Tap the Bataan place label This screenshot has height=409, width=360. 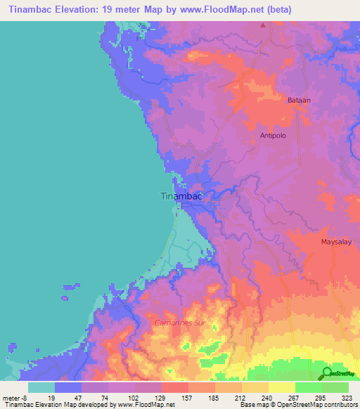298,101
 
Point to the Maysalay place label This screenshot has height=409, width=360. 335,242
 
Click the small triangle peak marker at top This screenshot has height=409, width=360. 264,25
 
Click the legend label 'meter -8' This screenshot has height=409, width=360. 15,397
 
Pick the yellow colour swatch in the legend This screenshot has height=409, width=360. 281,387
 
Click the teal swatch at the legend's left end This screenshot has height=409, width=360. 41,387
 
